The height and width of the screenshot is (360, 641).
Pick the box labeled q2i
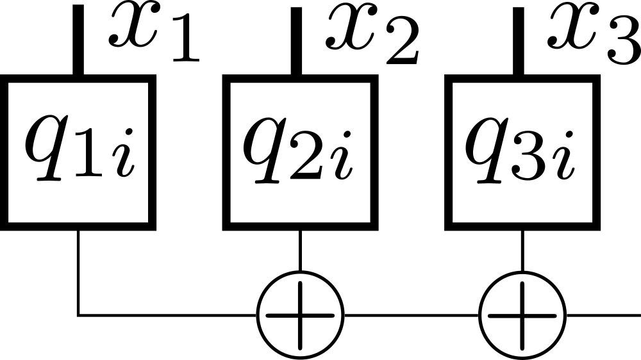pos(299,152)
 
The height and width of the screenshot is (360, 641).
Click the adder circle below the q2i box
pos(300,315)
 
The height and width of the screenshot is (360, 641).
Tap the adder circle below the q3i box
pos(522,315)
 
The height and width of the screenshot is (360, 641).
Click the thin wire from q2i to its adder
pos(300,250)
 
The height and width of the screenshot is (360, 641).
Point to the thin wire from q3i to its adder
pos(522,250)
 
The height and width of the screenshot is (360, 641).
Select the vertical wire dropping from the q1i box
pos(78,269)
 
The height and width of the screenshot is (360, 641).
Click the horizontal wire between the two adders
pos(410,315)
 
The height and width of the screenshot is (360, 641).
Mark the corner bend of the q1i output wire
pos(79,315)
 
